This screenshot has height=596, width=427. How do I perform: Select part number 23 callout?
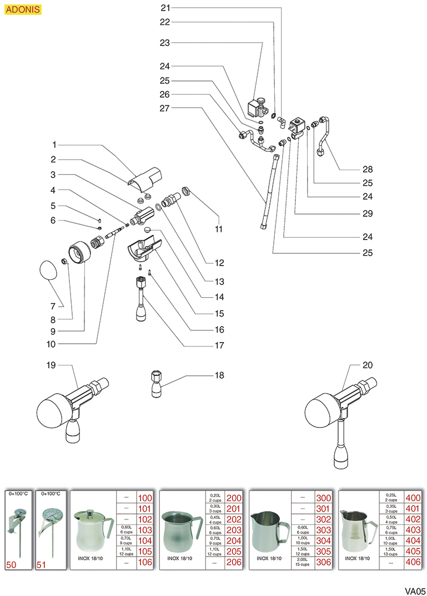pos(165,42)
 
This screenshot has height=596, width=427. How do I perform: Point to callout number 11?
pos(219,228)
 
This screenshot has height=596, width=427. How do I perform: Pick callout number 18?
pos(220,375)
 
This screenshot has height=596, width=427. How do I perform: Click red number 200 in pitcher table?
pos(234,498)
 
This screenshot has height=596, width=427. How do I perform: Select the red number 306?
pos(323,562)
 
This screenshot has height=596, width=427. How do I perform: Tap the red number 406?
pos(413,562)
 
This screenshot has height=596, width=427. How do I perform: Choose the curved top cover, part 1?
pos(142,176)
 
